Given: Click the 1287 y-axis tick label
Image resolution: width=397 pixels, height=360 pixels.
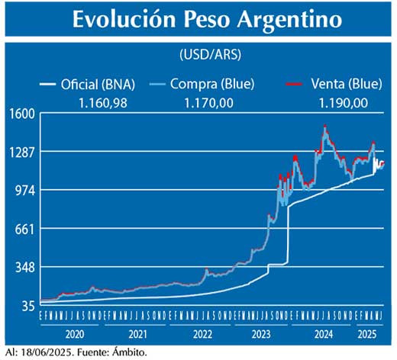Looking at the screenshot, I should click(21, 152).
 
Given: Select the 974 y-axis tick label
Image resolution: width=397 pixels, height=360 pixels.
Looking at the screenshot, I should click(24, 190).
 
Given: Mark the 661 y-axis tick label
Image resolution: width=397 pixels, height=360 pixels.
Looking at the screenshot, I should click(24, 229).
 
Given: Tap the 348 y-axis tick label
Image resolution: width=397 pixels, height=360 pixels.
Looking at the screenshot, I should click(24, 267).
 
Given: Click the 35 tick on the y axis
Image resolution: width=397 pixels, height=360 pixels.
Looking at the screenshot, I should click(27, 306).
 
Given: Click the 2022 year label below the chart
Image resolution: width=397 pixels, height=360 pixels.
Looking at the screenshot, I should click(202, 333).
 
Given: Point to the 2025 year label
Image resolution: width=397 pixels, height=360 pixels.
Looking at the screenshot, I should click(368, 333).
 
